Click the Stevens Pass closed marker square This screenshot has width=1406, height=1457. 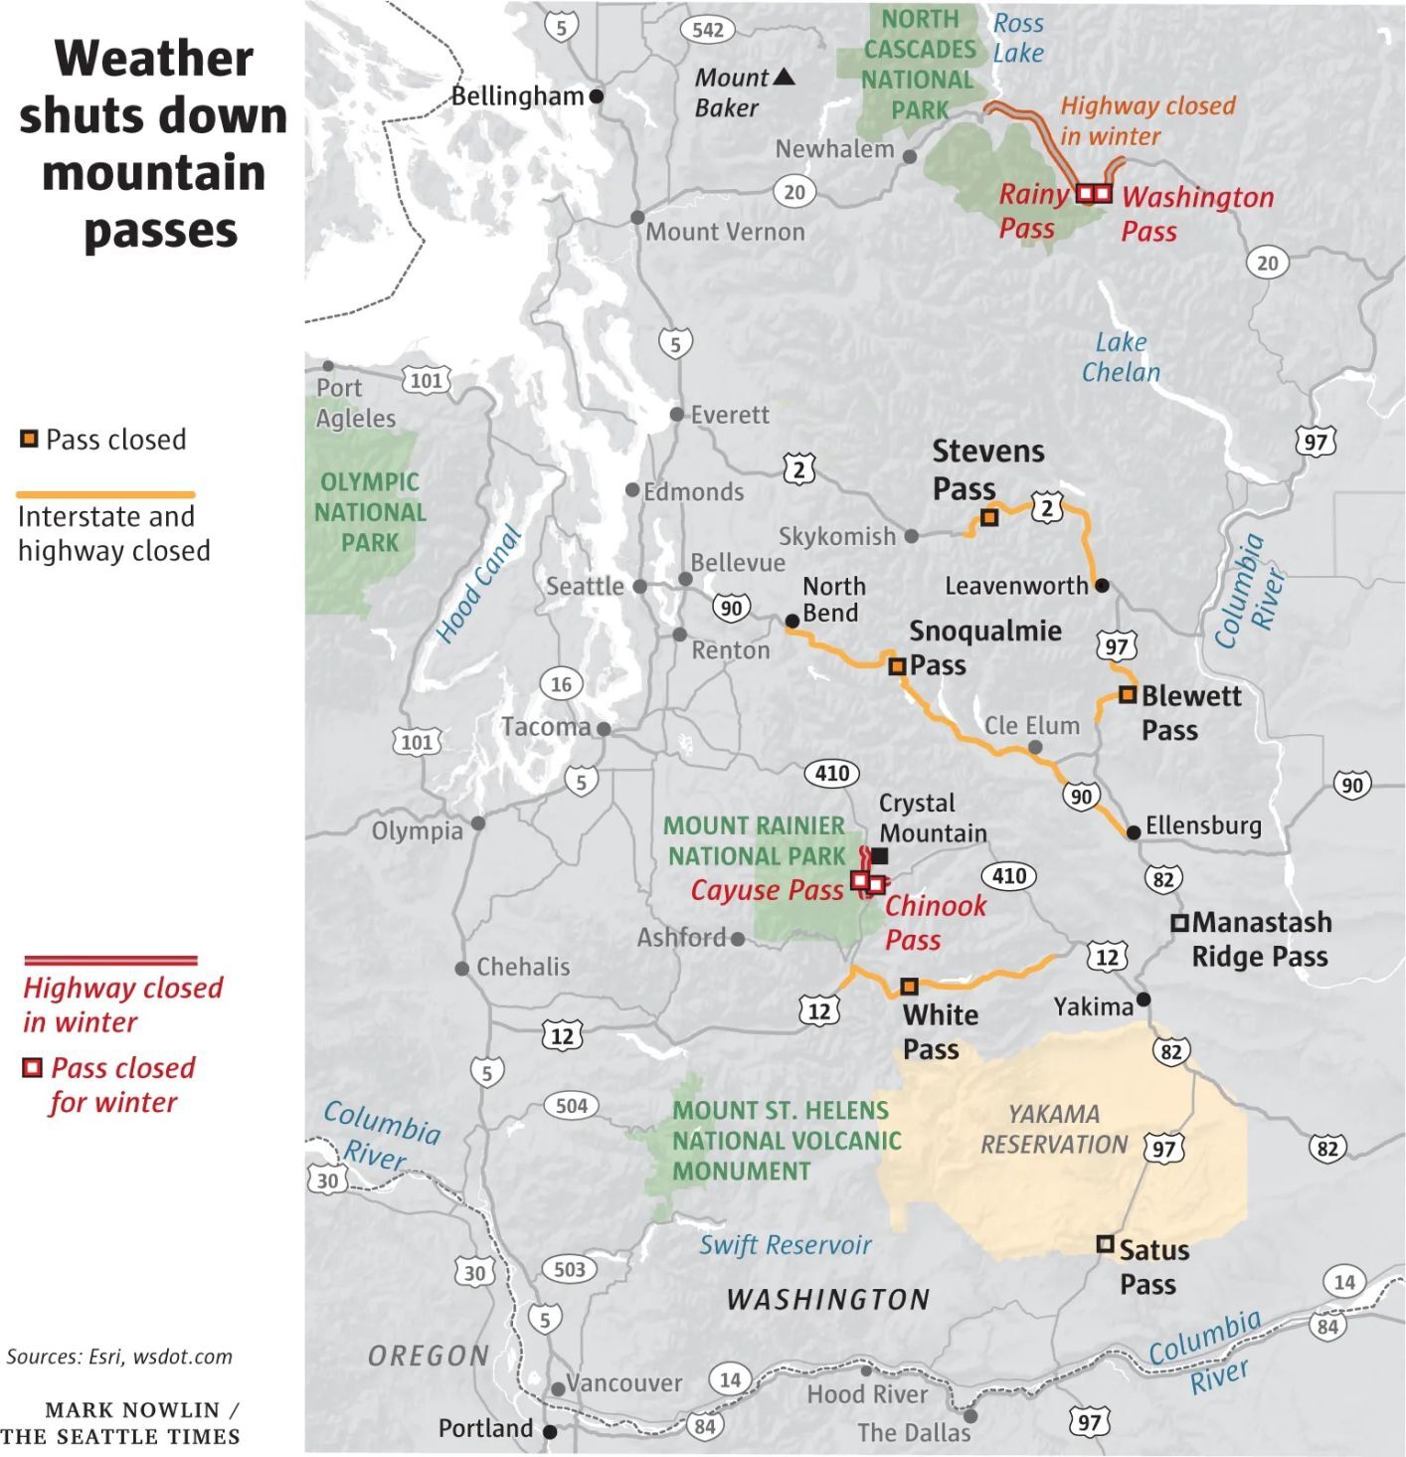coord(989,517)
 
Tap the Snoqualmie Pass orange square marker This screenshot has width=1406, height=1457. coord(897,666)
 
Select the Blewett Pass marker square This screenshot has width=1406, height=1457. coord(1127,694)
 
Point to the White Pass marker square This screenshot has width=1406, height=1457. coord(909,987)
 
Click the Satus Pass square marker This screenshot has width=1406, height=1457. coord(1105,1244)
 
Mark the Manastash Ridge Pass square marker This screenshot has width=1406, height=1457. coord(1179,923)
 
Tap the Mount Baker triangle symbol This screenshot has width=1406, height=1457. coord(784,77)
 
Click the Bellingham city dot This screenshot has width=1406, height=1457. coord(597,96)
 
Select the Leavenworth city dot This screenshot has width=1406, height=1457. coord(1102,586)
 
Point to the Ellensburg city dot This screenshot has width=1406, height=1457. coord(1134,832)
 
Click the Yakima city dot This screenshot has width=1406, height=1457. coord(1143,999)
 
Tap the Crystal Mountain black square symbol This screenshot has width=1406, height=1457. coord(880,855)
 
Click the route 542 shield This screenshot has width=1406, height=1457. coord(708,30)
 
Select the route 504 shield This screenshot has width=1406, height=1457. coord(572,1105)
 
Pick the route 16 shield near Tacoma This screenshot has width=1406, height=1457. coord(561,684)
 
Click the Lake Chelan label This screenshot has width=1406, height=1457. coord(1121,357)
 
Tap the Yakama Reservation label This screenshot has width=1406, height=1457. coord(1054,1129)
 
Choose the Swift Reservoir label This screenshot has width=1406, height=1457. coord(785,1245)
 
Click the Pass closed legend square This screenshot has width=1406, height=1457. coord(30,439)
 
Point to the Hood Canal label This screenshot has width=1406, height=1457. coord(478,585)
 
